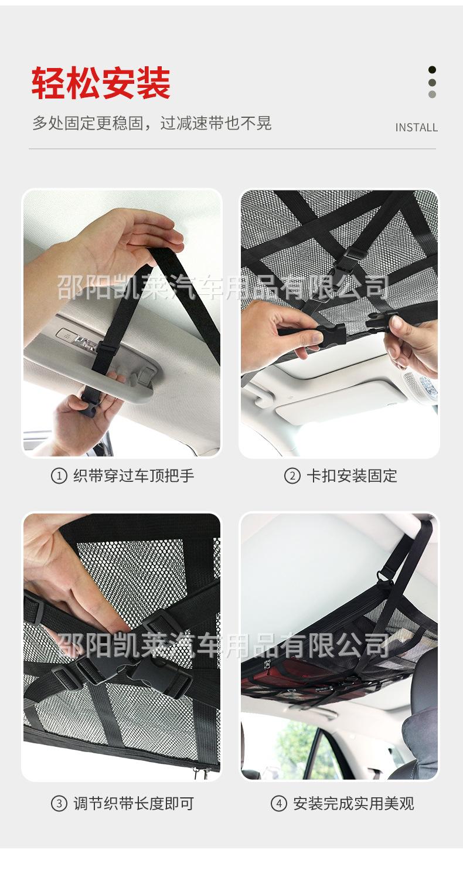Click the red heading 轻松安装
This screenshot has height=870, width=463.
pyautogui.click(x=101, y=83)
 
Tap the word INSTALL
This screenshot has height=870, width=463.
pyautogui.click(x=416, y=127)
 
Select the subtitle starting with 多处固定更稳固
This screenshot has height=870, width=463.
pyautogui.click(x=152, y=123)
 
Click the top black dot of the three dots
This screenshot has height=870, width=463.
pyautogui.click(x=432, y=70)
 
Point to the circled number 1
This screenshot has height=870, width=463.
pyautogui.click(x=59, y=476)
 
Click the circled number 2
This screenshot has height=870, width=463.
pyautogui.click(x=292, y=476)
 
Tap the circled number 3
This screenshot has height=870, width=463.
pyautogui.click(x=59, y=803)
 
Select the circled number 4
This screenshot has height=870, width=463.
pyautogui.click(x=278, y=803)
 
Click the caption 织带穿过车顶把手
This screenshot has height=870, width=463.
pyautogui.click(x=134, y=476)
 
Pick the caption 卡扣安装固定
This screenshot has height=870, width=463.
pyautogui.click(x=352, y=476)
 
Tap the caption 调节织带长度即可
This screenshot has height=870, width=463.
pyautogui.click(x=134, y=803)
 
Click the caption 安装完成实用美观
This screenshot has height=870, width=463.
pyautogui.click(x=353, y=803)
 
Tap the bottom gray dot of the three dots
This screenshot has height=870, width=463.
pyautogui.click(x=432, y=94)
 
